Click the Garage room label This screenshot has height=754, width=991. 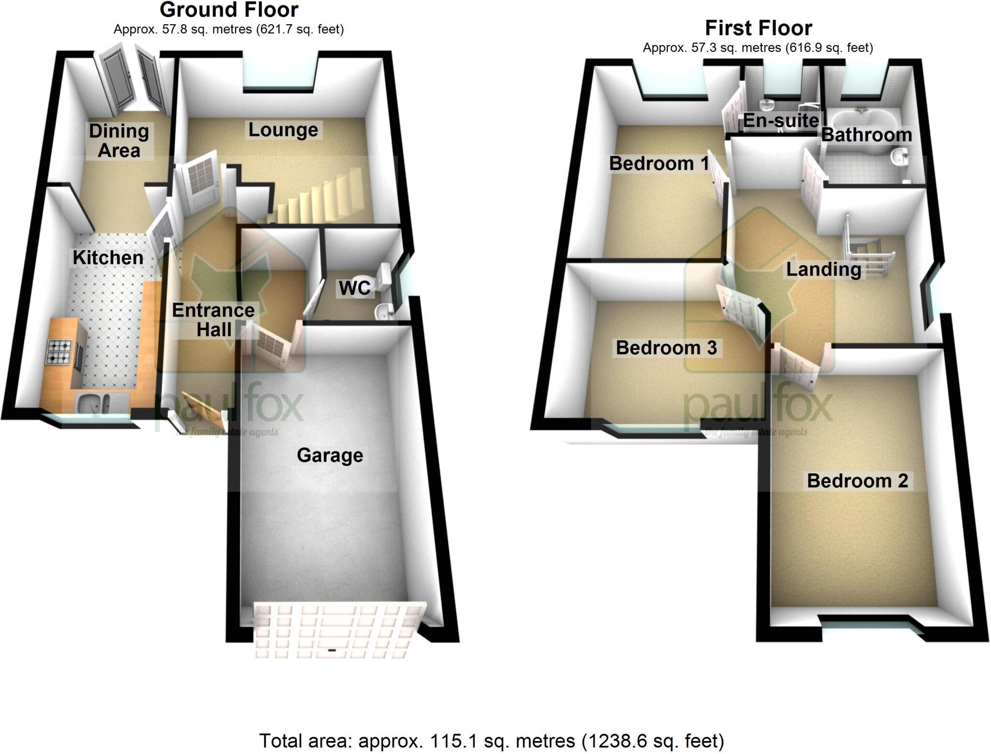point(330,455)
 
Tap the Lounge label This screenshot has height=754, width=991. point(283,130)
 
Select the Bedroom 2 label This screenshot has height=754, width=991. point(857,481)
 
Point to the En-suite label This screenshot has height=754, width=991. point(781,120)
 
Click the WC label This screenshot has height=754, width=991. point(354,288)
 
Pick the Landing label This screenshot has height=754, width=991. point(823,269)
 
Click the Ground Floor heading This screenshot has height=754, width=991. point(229,10)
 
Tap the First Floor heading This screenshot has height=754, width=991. point(758,28)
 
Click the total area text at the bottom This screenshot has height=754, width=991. point(491,740)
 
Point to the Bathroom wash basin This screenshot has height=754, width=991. point(900,158)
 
